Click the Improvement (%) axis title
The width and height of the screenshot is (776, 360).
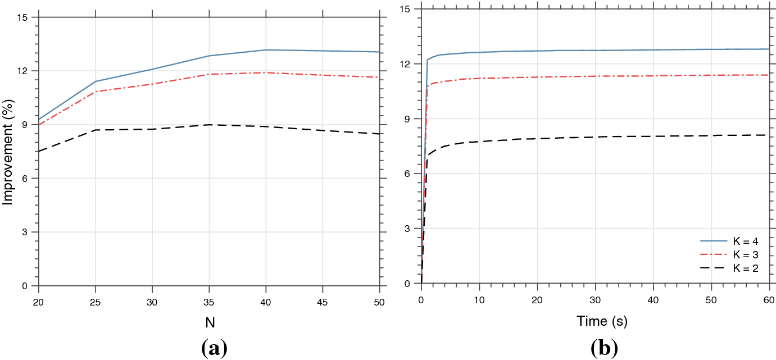8,152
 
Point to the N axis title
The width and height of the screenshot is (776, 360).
209,322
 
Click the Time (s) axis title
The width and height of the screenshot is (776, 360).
602,321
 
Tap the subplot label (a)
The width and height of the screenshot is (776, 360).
214,349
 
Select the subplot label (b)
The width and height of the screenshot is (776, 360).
604,349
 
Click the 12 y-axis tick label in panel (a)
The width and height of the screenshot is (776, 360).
25,71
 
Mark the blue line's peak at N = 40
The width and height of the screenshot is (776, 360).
266,50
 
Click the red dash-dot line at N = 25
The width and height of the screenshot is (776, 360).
96,92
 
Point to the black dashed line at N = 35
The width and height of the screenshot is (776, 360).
209,125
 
